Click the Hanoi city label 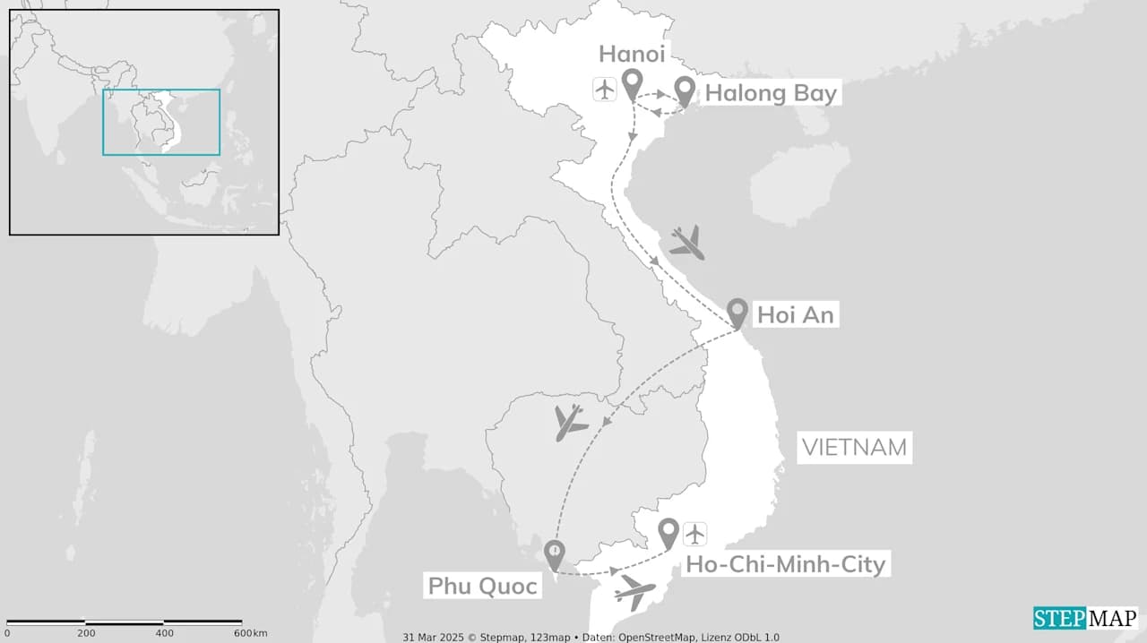pos(632,54)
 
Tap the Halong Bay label pos(771,93)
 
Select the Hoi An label pos(796,314)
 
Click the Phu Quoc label pos(482,587)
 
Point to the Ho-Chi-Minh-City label pos(785,564)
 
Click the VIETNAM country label pos(854,447)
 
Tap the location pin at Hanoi pos(633,84)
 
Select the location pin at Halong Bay pos(686,89)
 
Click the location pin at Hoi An pos(737,312)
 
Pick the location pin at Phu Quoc pos(555,553)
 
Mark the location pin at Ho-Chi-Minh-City pos(668,532)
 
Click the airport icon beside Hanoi pos(605,90)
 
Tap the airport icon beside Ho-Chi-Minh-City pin pos(695,534)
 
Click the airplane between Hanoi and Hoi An pos(687,243)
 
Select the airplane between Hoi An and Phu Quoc pos(569,423)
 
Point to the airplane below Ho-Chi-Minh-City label pos(635,592)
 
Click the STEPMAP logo pos(1085,618)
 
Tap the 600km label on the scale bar pos(251,633)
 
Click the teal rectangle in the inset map pos(161,122)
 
